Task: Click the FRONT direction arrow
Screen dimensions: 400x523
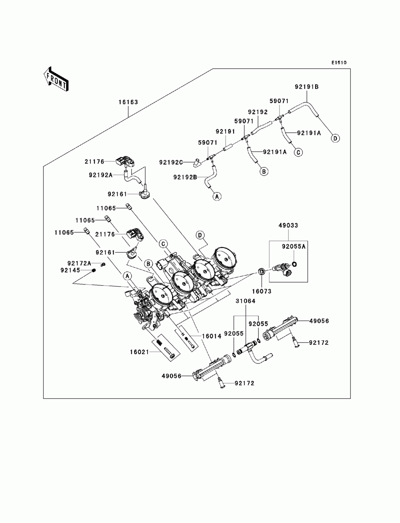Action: (x=56, y=80)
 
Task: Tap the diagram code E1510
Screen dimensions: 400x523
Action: (x=339, y=63)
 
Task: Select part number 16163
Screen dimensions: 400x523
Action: (x=128, y=102)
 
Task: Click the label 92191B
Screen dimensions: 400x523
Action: (x=306, y=87)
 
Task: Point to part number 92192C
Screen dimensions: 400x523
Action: (x=171, y=162)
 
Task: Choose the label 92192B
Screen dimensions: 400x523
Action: (x=185, y=177)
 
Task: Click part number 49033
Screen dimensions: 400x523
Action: (x=288, y=225)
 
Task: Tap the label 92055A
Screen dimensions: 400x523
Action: (x=294, y=247)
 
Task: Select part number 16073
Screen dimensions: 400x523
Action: (x=262, y=291)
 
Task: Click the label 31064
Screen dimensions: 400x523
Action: (x=246, y=301)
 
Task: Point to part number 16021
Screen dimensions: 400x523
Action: (x=139, y=352)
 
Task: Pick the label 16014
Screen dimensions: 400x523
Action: (x=212, y=336)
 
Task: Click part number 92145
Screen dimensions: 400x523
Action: (x=70, y=270)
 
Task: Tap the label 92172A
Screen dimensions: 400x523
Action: (x=79, y=263)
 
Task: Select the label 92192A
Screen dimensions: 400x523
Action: (x=100, y=175)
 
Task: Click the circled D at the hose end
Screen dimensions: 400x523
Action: (x=335, y=138)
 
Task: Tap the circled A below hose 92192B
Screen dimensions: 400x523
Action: (x=217, y=197)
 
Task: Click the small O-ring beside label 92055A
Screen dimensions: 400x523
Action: (x=294, y=264)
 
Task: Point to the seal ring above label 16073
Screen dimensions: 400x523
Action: (x=262, y=271)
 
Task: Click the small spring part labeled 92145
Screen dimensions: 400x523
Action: (x=94, y=270)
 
